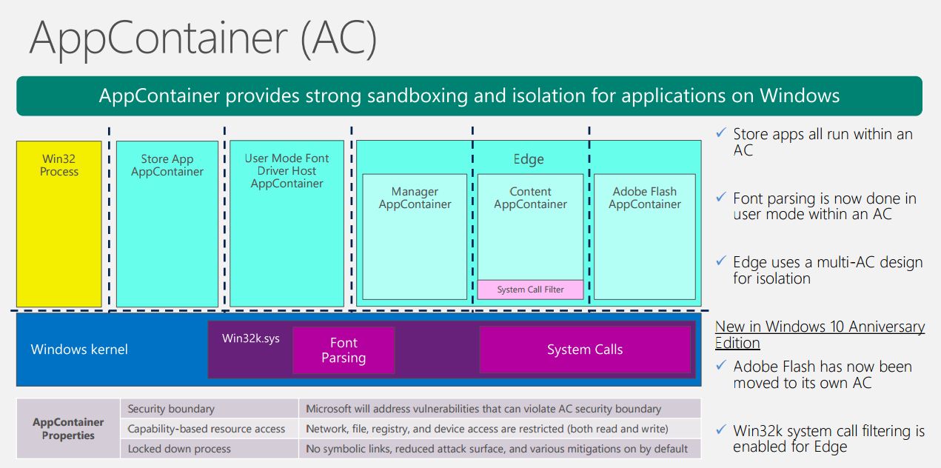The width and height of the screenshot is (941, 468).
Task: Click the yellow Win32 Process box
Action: point(58,224)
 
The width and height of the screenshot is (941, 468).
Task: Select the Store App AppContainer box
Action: point(167,224)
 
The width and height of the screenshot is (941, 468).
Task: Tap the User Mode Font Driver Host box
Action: point(287,224)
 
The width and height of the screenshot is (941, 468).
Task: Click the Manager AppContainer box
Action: point(415,236)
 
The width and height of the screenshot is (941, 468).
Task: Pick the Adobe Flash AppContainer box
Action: point(645,236)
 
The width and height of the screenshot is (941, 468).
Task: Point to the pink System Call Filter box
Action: point(531,290)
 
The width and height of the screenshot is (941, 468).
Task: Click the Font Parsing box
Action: point(344,350)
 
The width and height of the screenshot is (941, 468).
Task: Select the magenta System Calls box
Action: point(585,350)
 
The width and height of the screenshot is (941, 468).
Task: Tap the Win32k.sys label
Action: point(251,338)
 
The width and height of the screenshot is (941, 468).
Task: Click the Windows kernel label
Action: point(79,350)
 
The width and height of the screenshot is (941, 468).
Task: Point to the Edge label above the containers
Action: point(529,159)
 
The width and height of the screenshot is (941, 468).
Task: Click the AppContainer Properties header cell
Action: point(68,429)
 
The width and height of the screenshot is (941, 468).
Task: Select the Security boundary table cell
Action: point(210,409)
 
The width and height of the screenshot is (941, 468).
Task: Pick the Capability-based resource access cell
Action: point(210,429)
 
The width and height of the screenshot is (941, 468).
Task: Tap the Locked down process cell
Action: point(210,449)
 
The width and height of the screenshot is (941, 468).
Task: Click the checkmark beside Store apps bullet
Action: point(721,133)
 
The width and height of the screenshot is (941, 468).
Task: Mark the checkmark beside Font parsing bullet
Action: point(721,197)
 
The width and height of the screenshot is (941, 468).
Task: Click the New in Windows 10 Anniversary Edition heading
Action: point(820,335)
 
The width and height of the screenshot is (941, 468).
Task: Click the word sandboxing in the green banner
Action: point(417,96)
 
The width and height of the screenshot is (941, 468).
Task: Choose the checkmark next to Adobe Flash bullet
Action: point(721,365)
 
